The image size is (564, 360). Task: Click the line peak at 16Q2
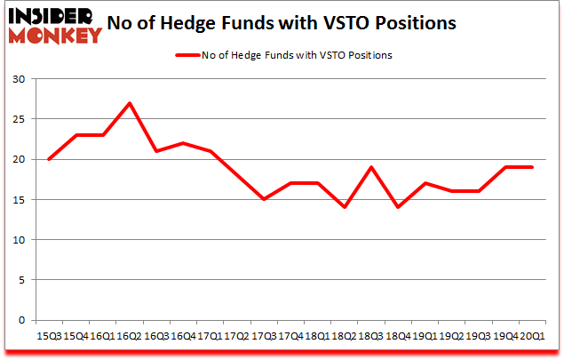coord(131,103)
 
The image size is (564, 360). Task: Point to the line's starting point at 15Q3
coord(49,159)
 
